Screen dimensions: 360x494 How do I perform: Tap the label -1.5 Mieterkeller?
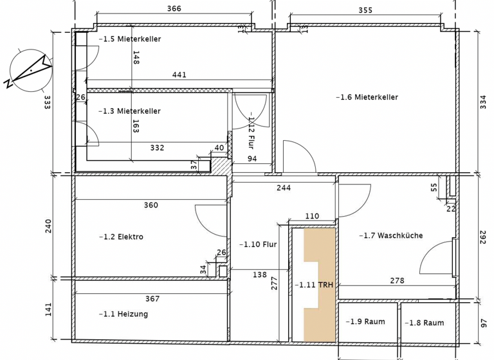(129, 39)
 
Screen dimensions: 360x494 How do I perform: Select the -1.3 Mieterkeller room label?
(129, 111)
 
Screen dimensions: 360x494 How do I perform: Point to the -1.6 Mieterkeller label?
(367, 98)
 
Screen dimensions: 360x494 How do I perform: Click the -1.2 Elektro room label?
(121, 237)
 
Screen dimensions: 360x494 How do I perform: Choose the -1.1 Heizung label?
(123, 314)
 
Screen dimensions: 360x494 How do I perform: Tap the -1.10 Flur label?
(257, 245)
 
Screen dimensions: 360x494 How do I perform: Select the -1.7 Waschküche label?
(390, 236)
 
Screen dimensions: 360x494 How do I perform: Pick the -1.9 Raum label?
(365, 322)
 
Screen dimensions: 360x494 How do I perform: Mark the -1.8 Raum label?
(426, 323)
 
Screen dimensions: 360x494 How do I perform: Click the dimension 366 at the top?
(174, 9)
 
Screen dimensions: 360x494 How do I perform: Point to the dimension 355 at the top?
(365, 10)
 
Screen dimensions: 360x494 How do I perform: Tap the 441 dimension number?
(179, 75)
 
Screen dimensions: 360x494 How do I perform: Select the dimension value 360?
(151, 206)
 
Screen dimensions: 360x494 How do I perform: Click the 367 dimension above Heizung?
(152, 299)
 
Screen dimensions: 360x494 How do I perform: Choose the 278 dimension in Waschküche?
(398, 281)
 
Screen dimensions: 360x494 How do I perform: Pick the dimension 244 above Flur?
(284, 188)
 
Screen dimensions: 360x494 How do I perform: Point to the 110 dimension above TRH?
(312, 217)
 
